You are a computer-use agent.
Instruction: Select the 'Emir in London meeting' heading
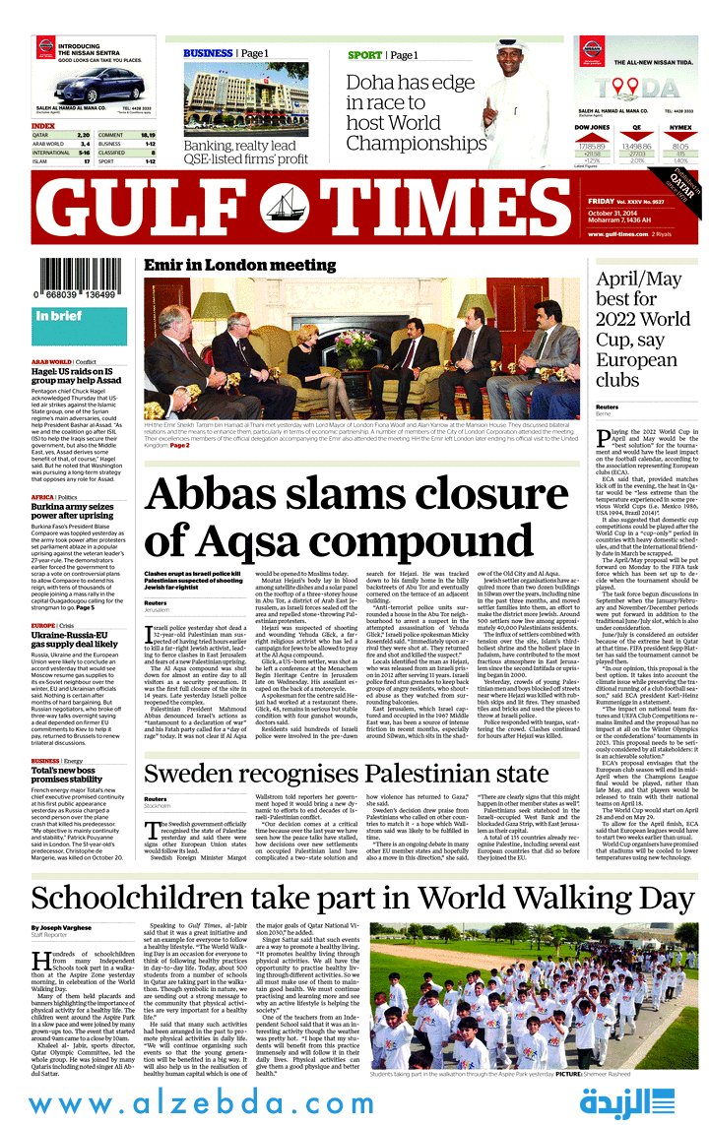(x=239, y=266)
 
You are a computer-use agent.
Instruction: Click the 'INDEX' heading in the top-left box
(x=43, y=126)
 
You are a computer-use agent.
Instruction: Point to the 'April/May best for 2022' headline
(x=643, y=329)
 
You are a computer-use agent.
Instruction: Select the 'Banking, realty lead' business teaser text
(x=245, y=152)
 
